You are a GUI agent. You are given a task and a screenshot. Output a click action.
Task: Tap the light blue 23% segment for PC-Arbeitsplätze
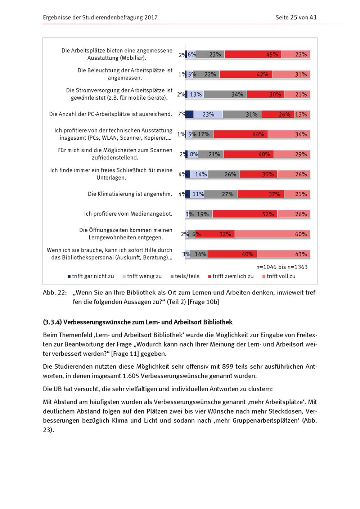click(x=208, y=114)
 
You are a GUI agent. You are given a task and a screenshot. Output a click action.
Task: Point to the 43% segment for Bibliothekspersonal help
click(x=284, y=254)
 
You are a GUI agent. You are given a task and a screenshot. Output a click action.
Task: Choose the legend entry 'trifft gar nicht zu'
click(x=91, y=276)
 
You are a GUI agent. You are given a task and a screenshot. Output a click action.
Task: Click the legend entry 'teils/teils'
click(x=185, y=276)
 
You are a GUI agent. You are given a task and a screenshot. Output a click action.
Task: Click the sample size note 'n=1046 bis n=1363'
click(x=282, y=267)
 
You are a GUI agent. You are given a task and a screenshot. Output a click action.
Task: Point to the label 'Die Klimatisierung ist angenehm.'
click(x=130, y=194)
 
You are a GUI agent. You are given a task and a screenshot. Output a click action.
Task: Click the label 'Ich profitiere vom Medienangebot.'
click(x=128, y=214)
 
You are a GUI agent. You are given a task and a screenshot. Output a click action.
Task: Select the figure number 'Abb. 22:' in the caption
click(x=55, y=293)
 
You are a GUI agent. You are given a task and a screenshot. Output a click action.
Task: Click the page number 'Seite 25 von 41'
click(x=296, y=17)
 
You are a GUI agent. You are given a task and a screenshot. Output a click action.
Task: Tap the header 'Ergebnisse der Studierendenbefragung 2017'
click(x=100, y=17)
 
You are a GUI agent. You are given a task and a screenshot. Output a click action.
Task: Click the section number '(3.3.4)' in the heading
click(x=52, y=322)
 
